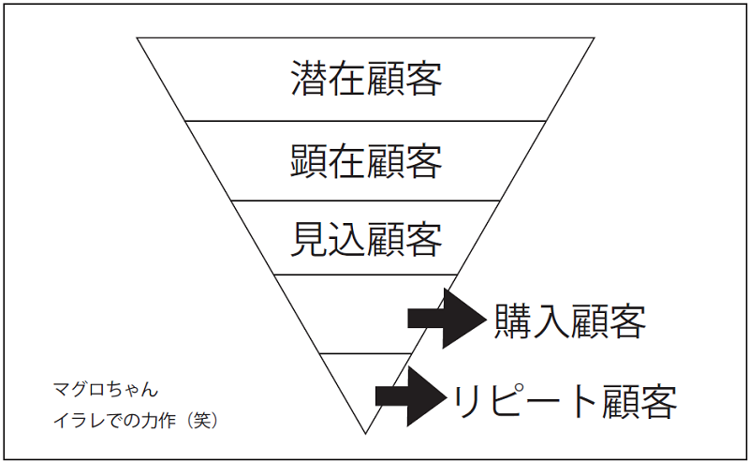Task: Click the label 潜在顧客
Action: pos(366,80)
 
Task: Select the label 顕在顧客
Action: pos(366,160)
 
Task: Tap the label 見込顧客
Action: pos(366,239)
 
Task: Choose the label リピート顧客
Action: pos(565,400)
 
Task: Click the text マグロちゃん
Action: pos(106,387)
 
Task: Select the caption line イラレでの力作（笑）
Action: pos(136,421)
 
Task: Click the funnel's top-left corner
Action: pos(138,38)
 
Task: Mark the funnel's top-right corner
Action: pos(594,38)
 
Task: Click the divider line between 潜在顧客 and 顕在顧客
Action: pos(366,121)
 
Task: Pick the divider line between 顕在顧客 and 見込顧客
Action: pos(366,200)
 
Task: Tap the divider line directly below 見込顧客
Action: pos(366,275)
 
